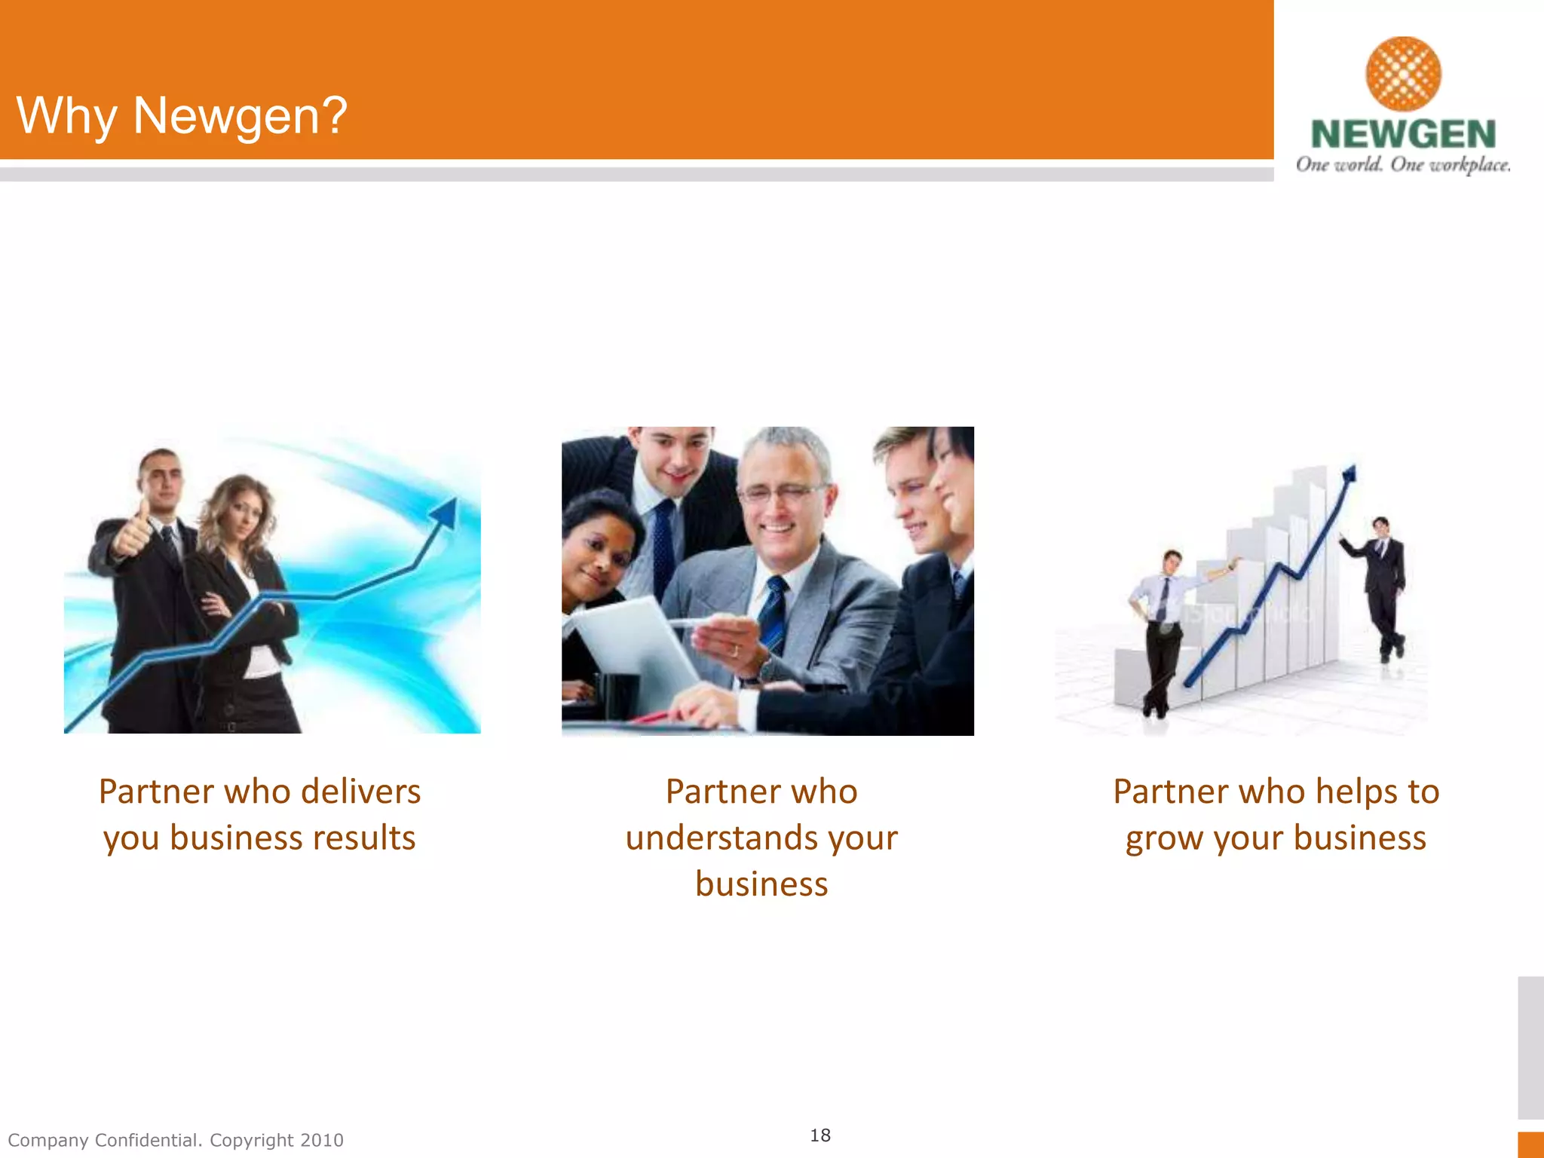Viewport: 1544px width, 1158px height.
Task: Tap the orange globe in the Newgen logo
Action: [x=1403, y=73]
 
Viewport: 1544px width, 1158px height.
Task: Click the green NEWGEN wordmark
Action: [x=1403, y=134]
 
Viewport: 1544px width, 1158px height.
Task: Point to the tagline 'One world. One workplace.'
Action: [x=1403, y=164]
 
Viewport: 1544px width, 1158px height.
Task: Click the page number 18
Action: [x=820, y=1135]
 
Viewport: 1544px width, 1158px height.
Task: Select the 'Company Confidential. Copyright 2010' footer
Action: [x=176, y=1140]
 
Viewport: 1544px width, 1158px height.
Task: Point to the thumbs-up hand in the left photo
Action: [x=134, y=530]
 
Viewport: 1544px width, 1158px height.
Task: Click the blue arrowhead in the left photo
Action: [x=445, y=513]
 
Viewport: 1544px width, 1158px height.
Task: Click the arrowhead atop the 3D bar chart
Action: [x=1349, y=474]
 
